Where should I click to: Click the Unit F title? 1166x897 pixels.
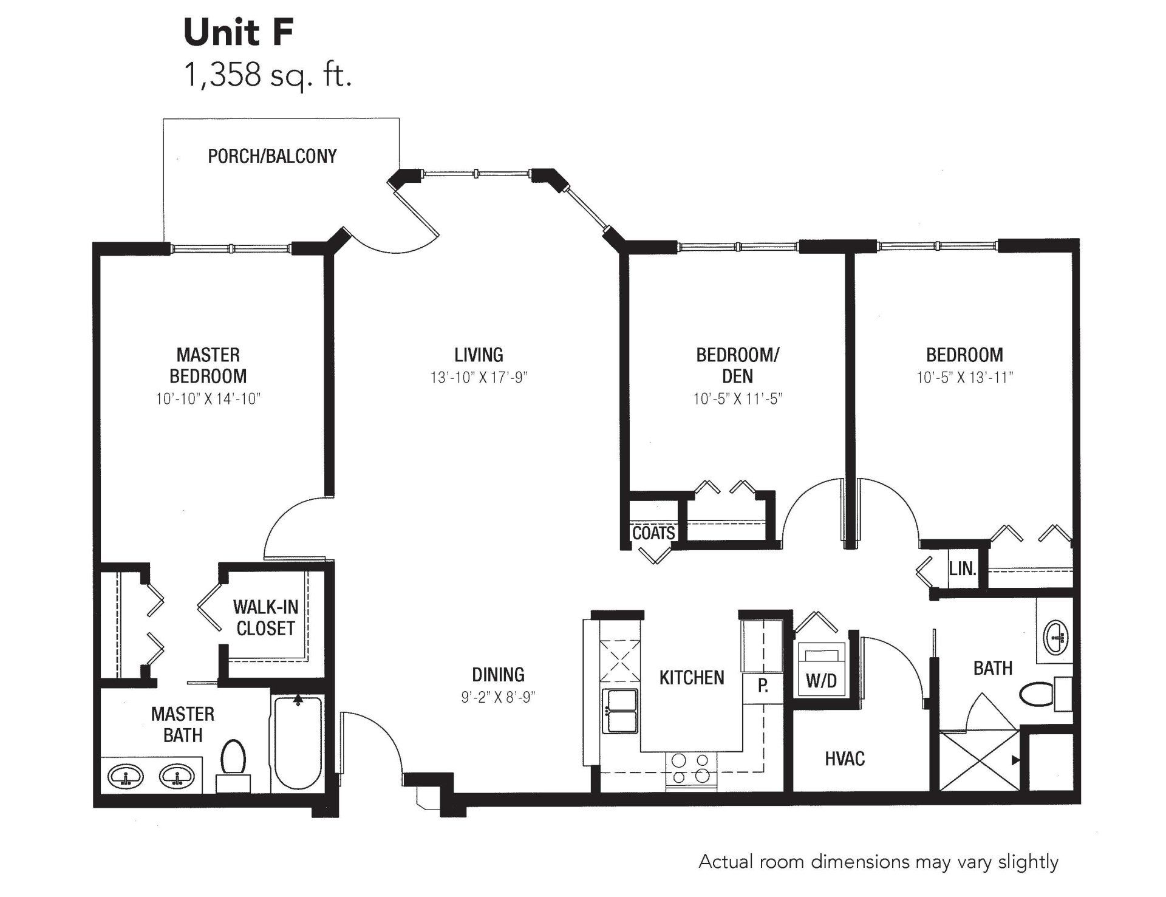[239, 32]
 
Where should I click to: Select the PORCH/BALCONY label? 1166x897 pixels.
[272, 156]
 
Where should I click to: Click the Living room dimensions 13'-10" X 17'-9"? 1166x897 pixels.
[479, 378]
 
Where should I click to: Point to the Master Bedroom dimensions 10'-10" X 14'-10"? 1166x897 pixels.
[208, 399]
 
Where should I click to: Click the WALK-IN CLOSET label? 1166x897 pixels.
[265, 618]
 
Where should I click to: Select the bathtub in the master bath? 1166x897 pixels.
[298, 742]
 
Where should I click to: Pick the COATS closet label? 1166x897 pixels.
[653, 533]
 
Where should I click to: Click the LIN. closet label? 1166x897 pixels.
[963, 569]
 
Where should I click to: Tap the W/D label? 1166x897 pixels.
[821, 681]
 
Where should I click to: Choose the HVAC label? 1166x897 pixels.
[845, 759]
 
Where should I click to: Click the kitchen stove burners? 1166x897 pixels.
[691, 768]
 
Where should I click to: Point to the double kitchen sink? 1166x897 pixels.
[620, 711]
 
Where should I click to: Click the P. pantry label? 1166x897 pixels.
[763, 686]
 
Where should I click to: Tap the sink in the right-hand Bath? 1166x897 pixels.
[1057, 638]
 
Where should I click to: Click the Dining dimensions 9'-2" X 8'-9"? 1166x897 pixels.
[498, 697]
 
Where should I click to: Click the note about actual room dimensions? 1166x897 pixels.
[878, 862]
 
